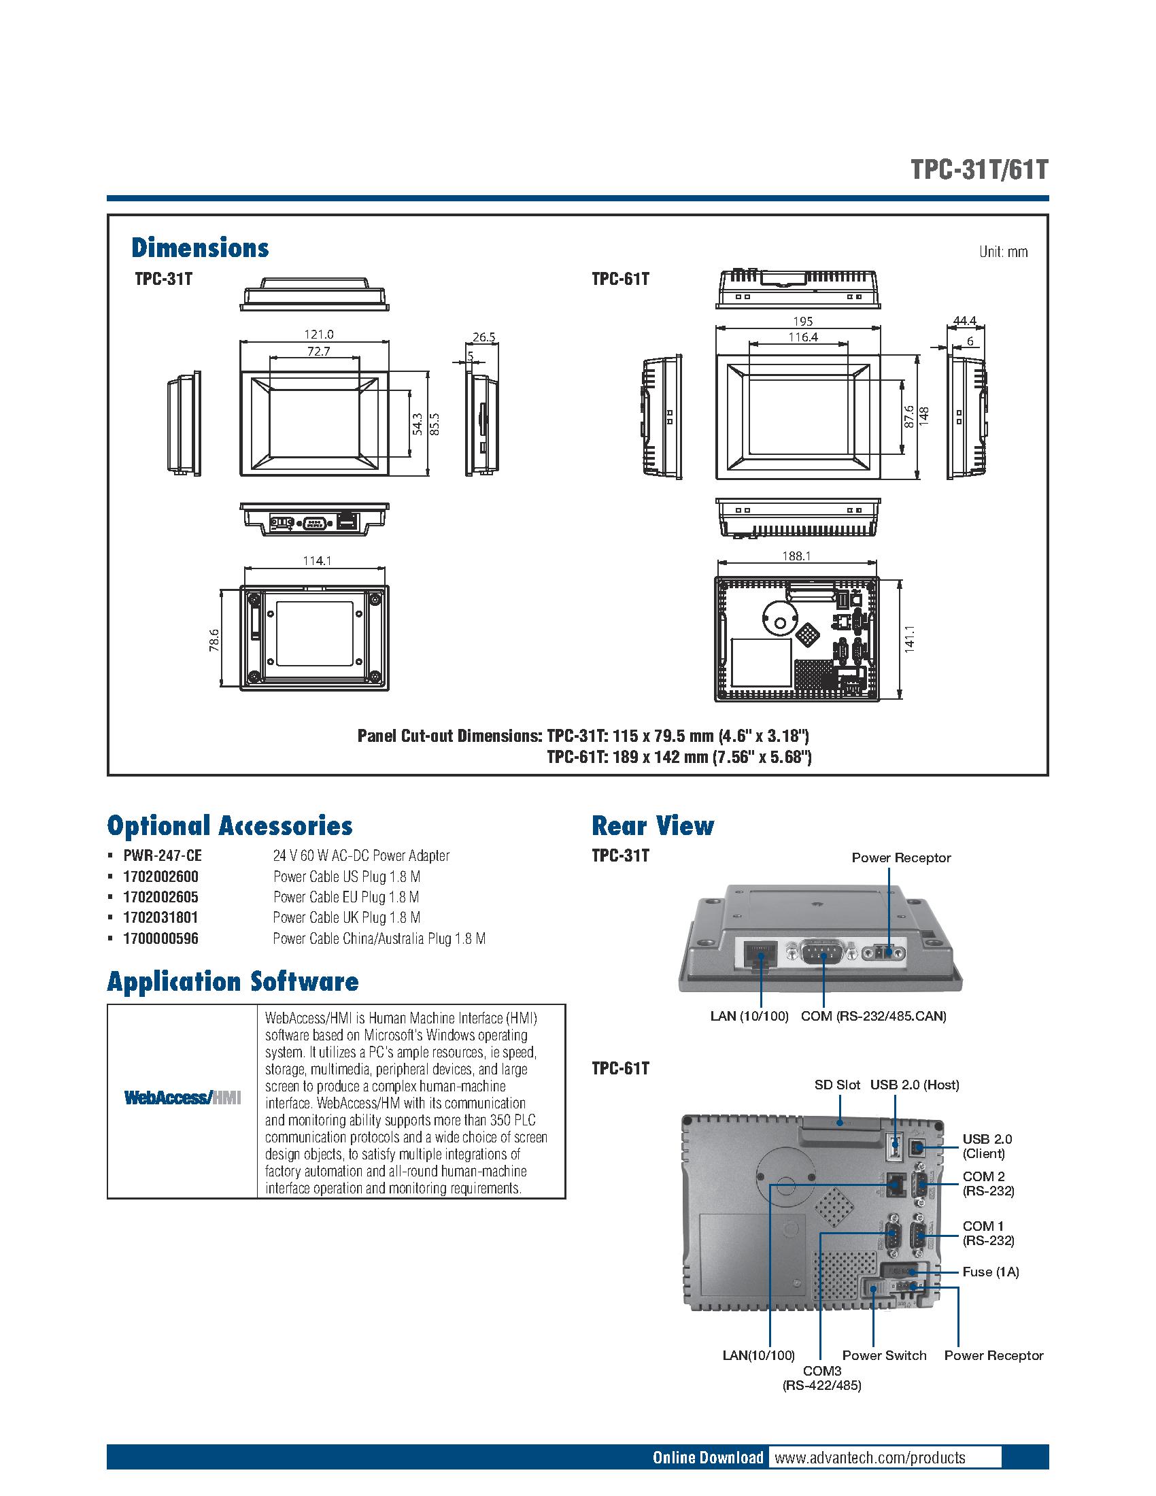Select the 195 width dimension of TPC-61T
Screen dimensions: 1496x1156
[803, 321]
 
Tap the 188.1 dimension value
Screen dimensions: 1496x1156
[797, 556]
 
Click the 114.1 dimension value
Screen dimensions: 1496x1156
[317, 560]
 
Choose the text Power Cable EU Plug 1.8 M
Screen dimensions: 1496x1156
[346, 897]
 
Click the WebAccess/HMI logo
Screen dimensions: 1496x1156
[182, 1098]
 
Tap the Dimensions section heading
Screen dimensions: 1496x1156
[200, 248]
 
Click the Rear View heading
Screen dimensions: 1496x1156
[653, 826]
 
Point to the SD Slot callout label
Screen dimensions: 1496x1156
[837, 1085]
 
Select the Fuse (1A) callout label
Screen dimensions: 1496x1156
[990, 1272]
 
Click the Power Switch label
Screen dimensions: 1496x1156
[883, 1355]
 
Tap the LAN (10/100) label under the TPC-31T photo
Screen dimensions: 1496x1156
[749, 1016]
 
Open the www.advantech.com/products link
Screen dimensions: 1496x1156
[869, 1457]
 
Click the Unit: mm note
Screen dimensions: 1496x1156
[1002, 252]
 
